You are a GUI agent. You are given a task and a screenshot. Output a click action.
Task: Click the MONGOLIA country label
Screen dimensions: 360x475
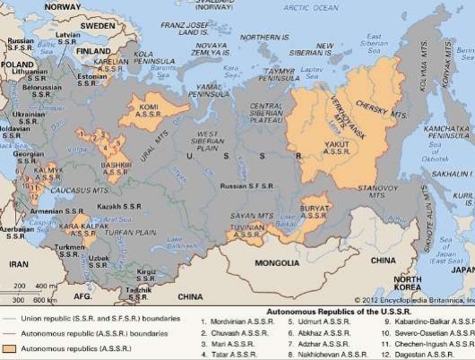275,262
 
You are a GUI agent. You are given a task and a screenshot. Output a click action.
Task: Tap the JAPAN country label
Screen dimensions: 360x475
462,269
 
